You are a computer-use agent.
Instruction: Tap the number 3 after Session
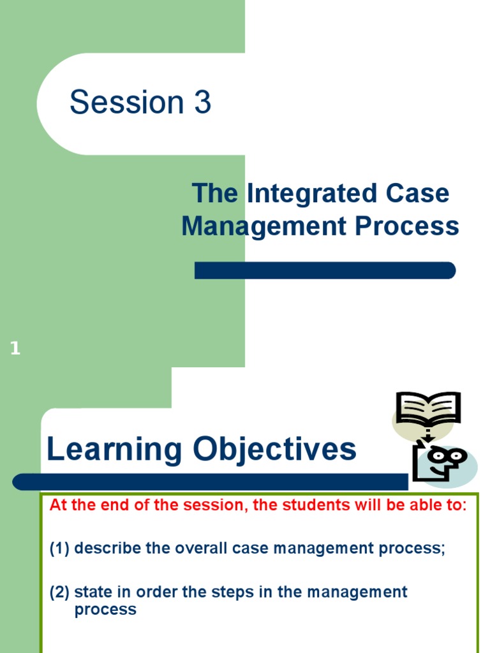202,103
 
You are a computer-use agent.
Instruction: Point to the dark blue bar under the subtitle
325,270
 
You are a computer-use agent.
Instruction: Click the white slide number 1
15,349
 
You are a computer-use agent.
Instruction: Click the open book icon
427,409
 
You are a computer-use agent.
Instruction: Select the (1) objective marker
60,549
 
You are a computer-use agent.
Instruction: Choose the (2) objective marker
60,592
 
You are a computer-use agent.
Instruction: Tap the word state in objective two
92,592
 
